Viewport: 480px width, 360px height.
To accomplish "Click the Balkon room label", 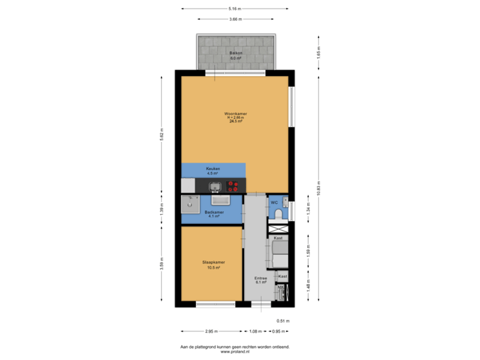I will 235,53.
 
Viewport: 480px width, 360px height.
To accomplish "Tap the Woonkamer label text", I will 235,114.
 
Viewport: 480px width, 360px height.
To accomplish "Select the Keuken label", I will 213,169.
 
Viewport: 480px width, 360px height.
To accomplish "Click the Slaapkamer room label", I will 213,262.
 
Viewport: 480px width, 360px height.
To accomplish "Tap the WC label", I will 273,202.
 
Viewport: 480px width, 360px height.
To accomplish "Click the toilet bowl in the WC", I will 278,213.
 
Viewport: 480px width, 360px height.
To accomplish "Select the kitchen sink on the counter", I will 215,186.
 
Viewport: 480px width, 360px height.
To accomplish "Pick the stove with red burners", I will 233,186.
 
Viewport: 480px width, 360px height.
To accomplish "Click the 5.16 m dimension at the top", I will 235,9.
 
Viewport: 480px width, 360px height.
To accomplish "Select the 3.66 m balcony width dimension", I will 235,19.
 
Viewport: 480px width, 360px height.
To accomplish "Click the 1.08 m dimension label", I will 255,331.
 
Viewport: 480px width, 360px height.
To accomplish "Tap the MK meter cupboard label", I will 281,287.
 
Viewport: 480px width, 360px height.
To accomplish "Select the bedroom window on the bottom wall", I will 215,305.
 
